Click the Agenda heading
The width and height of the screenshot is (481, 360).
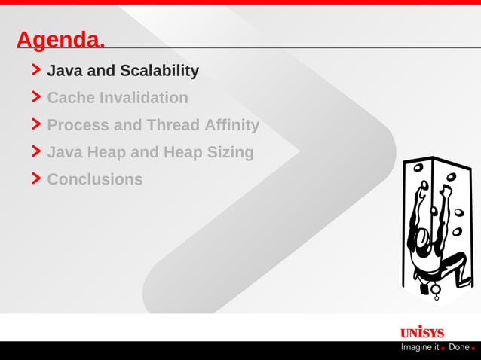point(60,40)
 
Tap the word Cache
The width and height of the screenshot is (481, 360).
point(71,98)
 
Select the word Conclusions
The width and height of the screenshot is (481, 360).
point(95,179)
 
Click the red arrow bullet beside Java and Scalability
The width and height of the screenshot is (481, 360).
point(36,70)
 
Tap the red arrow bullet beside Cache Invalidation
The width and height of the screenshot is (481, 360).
point(36,97)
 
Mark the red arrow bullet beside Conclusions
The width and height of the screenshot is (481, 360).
point(36,178)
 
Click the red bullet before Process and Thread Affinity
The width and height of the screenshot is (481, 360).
point(36,124)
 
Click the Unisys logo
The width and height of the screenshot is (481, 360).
point(421,332)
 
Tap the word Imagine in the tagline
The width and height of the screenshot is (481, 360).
point(420,347)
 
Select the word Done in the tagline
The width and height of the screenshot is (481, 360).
point(458,347)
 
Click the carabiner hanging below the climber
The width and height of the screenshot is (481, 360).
point(436,290)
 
